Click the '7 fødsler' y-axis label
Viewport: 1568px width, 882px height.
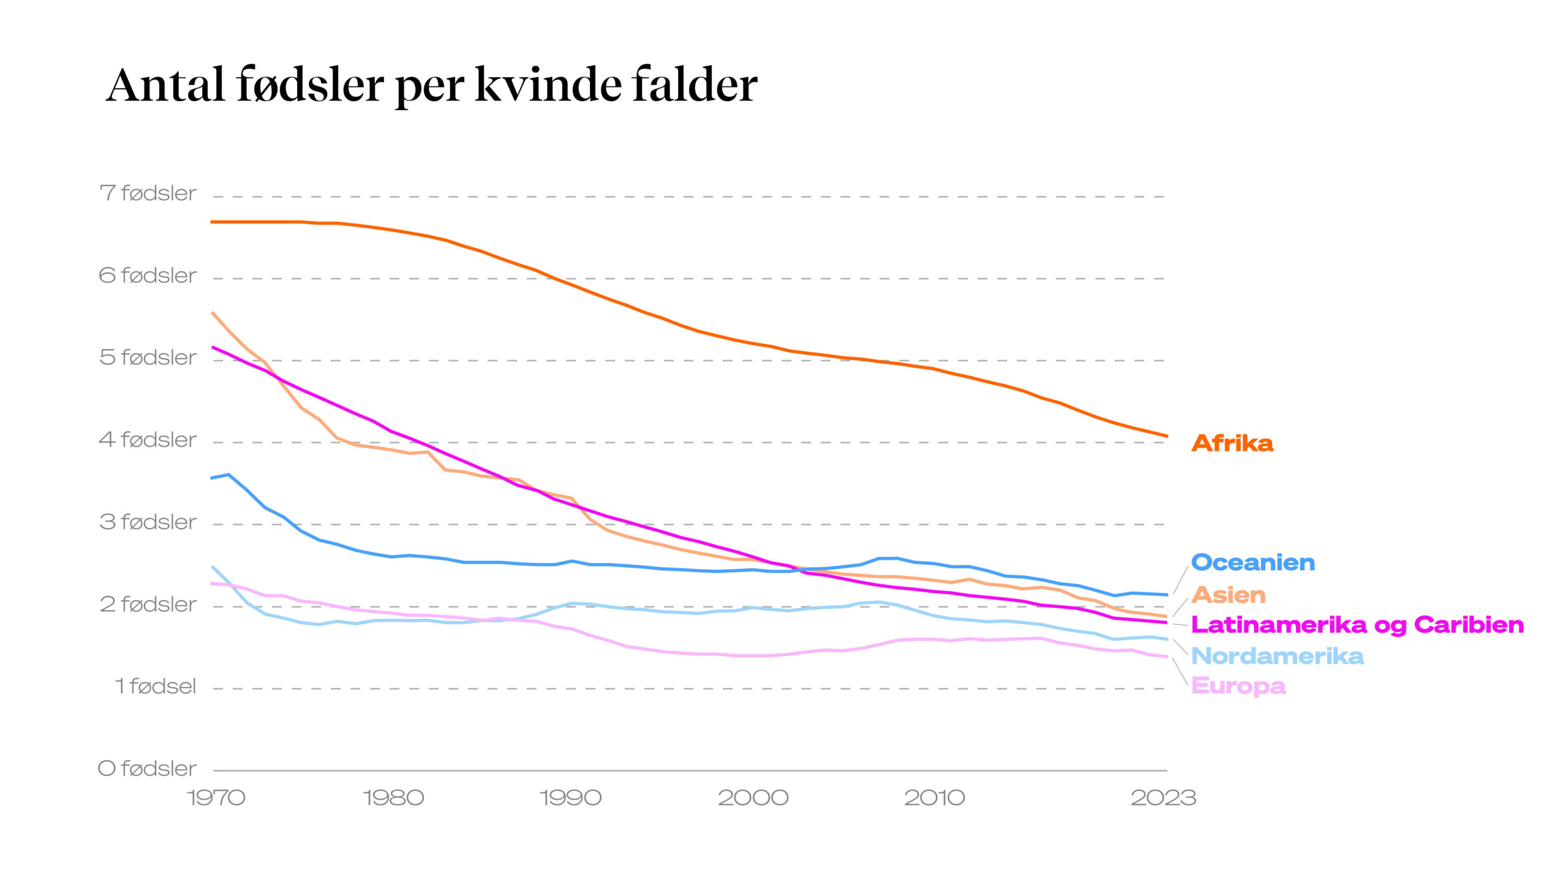click(x=148, y=194)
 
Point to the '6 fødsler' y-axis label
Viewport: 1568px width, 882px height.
click(x=148, y=276)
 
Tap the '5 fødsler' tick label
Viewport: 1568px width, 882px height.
click(x=148, y=358)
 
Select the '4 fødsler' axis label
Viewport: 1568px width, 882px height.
click(x=148, y=440)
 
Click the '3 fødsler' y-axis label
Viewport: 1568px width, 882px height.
click(x=148, y=522)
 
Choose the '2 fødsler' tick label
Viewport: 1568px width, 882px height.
click(x=148, y=605)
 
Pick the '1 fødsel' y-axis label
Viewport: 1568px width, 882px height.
click(x=156, y=687)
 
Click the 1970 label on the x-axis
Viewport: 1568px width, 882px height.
click(x=216, y=797)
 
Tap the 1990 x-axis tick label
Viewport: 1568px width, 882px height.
click(x=570, y=797)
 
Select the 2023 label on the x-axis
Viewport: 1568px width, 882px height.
click(x=1163, y=797)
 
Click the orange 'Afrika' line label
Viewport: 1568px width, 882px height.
click(x=1232, y=443)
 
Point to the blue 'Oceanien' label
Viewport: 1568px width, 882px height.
click(x=1253, y=562)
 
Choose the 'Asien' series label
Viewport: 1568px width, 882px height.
click(x=1228, y=595)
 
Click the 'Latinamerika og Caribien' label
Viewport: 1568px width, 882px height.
click(x=1357, y=625)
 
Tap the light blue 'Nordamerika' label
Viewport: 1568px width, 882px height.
click(x=1278, y=656)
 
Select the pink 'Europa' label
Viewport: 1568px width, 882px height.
click(x=1238, y=686)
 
